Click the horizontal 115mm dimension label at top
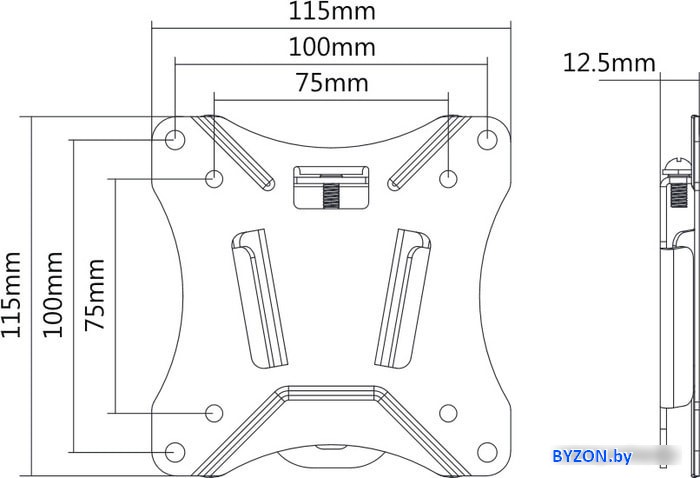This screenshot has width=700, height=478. [x=332, y=11]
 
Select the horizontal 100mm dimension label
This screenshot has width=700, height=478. [x=332, y=47]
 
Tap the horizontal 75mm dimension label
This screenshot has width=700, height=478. [x=333, y=83]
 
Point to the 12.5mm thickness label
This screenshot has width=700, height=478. [x=609, y=62]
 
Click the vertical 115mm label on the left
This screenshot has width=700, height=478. [x=11, y=295]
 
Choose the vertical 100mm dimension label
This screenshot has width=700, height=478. [x=52, y=295]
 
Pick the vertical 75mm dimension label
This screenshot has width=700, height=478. [x=95, y=295]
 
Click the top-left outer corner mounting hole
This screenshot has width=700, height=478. [x=175, y=139]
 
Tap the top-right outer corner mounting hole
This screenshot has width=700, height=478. [x=487, y=139]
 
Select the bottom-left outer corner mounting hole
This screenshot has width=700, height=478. [x=175, y=452]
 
